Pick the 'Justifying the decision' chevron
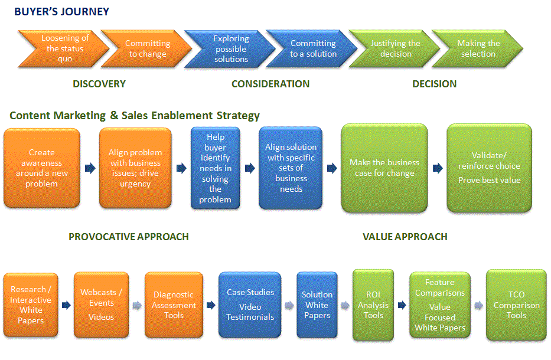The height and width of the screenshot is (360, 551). [x=394, y=48]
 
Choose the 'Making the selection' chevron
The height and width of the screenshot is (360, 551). [x=477, y=48]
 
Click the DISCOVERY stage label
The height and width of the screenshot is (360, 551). [x=99, y=84]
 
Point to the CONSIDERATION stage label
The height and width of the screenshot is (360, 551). [x=270, y=84]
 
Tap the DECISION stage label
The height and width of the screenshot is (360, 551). [x=434, y=84]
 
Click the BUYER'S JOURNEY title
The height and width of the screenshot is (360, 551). [x=61, y=11]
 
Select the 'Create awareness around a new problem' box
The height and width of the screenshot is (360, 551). [x=42, y=168]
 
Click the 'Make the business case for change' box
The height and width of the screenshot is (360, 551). [x=384, y=168]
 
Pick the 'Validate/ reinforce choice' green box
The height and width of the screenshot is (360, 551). [x=489, y=168]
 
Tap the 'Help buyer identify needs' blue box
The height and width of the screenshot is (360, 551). [x=216, y=168]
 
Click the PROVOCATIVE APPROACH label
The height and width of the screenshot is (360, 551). [x=129, y=237]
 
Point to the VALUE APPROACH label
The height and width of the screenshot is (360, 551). [x=405, y=237]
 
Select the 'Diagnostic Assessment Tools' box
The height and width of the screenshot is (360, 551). [x=174, y=305]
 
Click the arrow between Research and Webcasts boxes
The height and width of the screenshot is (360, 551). [x=66, y=305]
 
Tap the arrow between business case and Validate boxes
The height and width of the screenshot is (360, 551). [x=437, y=168]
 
